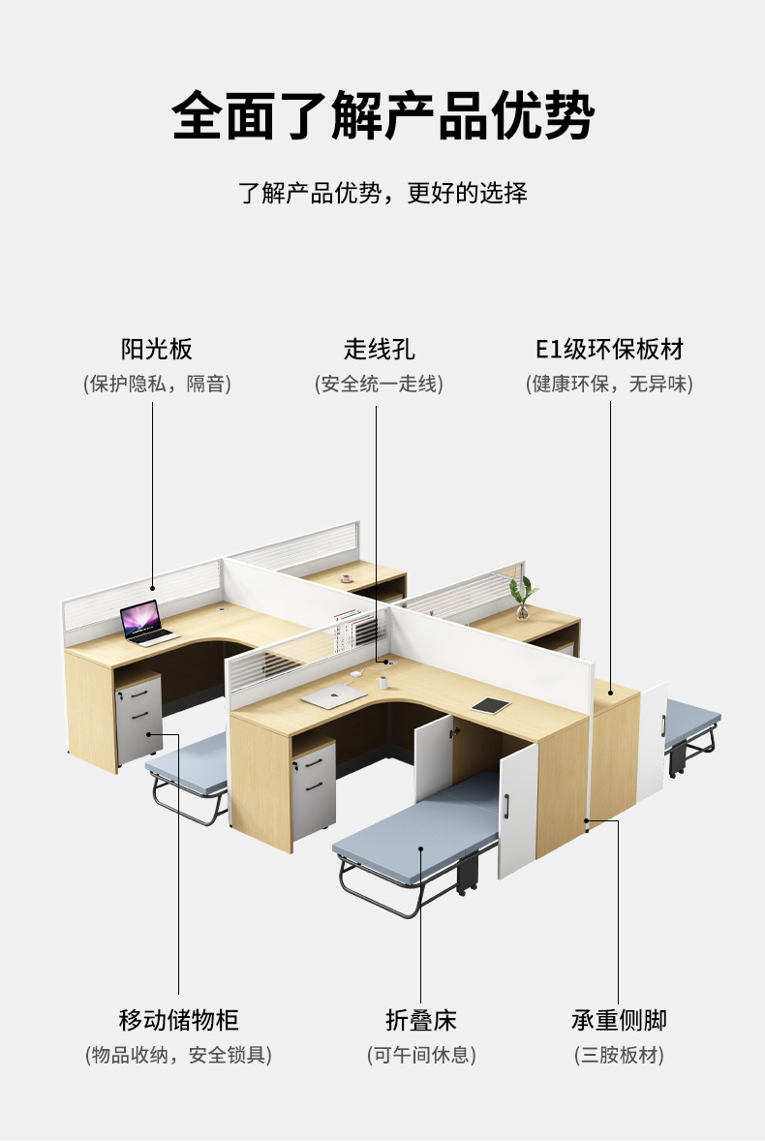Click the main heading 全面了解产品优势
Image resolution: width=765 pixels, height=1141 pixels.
tap(382, 117)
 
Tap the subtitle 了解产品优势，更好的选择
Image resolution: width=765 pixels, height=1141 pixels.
tap(382, 192)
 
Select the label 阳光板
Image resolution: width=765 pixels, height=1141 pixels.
tap(157, 349)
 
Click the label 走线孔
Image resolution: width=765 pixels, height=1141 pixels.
tap(379, 349)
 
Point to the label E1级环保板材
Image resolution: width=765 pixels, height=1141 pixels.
tap(609, 349)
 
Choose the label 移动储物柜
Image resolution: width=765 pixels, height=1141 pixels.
tap(178, 1020)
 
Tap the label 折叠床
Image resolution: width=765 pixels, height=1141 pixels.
tap(420, 1020)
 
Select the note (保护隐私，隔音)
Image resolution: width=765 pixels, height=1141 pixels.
tap(157, 384)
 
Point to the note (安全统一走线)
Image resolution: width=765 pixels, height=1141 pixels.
tap(379, 384)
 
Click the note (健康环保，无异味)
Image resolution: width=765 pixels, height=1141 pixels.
tap(609, 384)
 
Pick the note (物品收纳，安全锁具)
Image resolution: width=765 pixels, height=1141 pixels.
tap(178, 1055)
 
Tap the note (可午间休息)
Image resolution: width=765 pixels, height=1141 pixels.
tap(420, 1055)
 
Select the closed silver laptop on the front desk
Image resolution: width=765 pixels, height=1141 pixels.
tap(334, 694)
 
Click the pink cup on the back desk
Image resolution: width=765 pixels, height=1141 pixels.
tap(346, 579)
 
